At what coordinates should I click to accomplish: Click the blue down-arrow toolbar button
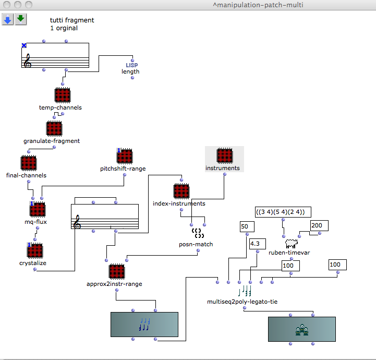tap(8, 19)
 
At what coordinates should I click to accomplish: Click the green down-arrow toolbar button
tap(20, 19)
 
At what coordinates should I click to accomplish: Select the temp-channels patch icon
tap(62, 95)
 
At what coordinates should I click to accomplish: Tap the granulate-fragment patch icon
tap(54, 128)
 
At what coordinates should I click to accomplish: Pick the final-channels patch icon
tap(28, 163)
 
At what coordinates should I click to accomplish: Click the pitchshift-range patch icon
tap(124, 156)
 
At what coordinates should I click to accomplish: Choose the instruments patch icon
tap(224, 156)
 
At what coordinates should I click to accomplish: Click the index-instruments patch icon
tap(181, 191)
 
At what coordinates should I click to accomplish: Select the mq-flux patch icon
tap(37, 210)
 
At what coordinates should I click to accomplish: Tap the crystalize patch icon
tap(34, 250)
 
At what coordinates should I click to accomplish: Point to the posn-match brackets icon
tap(197, 233)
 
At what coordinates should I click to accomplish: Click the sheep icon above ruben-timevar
tap(290, 243)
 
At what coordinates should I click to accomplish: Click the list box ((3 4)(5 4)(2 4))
tap(283, 212)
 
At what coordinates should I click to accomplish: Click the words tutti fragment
tap(72, 20)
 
